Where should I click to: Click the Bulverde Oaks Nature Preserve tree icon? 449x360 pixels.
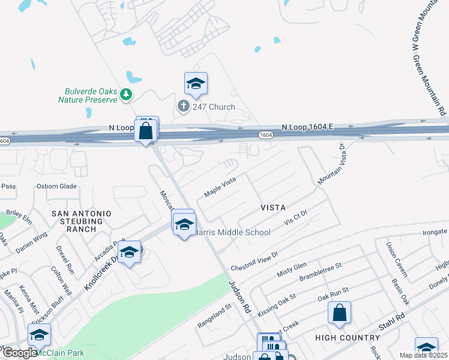pyautogui.click(x=125, y=94)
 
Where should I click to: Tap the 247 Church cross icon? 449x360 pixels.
pyautogui.click(x=183, y=107)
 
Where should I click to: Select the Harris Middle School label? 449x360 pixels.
pyautogui.click(x=232, y=232)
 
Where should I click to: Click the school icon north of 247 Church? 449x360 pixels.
pyautogui.click(x=196, y=83)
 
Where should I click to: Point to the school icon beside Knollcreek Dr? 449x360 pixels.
pyautogui.click(x=129, y=253)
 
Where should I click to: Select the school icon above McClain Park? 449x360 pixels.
pyautogui.click(x=40, y=335)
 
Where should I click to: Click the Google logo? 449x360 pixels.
pyautogui.click(x=19, y=353)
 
